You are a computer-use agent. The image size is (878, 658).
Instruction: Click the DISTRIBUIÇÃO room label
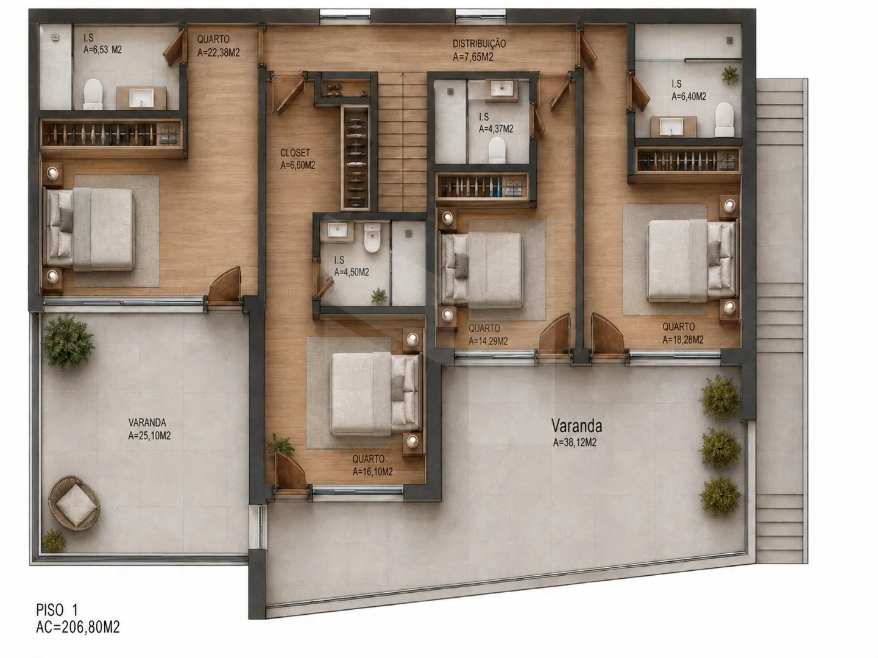(479, 44)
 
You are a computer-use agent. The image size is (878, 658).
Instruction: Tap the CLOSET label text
(295, 153)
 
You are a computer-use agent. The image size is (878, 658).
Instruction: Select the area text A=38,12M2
(575, 442)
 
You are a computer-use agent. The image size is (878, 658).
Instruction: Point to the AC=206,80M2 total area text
(77, 627)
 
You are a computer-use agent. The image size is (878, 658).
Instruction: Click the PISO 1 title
(57, 610)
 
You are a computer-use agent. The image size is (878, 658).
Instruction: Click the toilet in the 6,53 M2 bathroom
(93, 94)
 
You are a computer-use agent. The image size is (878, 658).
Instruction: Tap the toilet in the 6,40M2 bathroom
(724, 119)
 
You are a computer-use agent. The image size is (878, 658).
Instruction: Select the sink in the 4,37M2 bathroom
(501, 88)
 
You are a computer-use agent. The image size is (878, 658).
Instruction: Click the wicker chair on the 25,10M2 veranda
(74, 503)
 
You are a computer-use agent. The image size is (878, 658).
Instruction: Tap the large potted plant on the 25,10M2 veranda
(68, 341)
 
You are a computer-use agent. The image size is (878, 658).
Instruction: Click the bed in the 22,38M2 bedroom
(89, 229)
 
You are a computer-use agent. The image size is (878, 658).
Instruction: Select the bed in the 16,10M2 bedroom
(376, 394)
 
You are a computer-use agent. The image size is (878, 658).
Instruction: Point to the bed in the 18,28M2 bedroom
(691, 261)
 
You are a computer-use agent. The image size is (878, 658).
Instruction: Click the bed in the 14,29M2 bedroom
(481, 270)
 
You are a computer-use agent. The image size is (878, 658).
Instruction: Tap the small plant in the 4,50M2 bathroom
(379, 296)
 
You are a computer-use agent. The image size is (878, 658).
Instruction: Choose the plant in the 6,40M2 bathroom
(730, 75)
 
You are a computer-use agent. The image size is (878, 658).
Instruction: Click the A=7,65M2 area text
(473, 57)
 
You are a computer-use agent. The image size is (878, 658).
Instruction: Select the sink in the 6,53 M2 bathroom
(141, 98)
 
